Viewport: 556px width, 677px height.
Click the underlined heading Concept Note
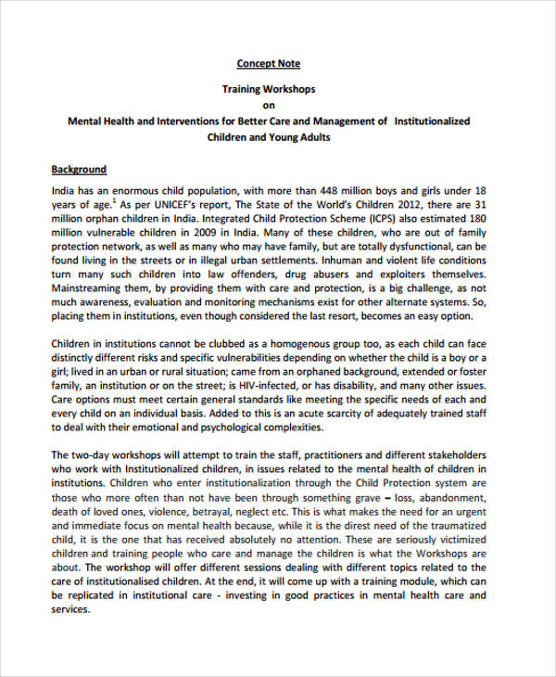point(268,64)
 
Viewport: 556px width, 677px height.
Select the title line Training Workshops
point(268,90)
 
